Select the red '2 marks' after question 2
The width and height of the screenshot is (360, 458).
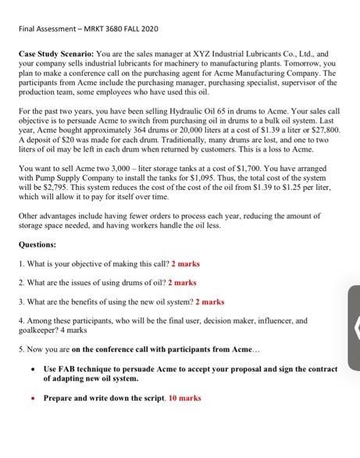(182, 282)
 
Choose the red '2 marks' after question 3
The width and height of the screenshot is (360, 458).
(209, 301)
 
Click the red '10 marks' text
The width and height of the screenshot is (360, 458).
(184, 399)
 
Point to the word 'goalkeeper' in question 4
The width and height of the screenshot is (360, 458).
(37, 331)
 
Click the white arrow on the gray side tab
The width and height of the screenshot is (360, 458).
(355, 328)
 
